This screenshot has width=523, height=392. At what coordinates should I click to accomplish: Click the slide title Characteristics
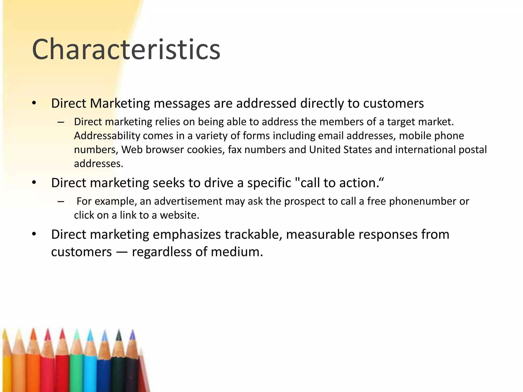coord(126,49)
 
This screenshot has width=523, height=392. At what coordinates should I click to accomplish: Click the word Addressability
coord(107,136)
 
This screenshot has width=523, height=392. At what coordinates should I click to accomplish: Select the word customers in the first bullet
coord(393,103)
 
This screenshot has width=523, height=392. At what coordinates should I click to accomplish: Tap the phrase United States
coord(340,150)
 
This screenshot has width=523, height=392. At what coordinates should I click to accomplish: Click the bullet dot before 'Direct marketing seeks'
coord(34,183)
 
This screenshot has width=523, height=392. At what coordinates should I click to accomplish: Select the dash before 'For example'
coord(61,202)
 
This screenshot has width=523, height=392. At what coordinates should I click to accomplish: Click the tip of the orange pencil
coord(33,331)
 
